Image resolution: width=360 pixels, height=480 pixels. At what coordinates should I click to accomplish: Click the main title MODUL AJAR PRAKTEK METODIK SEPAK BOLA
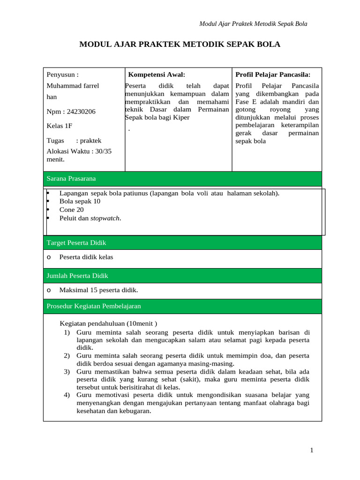point(180,45)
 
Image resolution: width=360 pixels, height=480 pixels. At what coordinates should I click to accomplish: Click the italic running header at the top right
point(253,23)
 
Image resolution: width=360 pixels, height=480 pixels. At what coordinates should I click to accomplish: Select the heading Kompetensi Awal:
point(157,74)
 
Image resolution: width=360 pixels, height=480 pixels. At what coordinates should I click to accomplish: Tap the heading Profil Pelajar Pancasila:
point(272,74)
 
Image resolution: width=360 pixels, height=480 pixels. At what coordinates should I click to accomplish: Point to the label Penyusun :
point(62,74)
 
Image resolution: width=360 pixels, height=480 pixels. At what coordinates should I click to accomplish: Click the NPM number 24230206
point(81,112)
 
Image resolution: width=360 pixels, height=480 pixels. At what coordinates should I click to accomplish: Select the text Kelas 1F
point(60,126)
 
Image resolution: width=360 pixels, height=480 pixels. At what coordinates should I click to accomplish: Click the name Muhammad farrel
point(73,86)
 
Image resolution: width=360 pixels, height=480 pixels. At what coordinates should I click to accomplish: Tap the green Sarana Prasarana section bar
point(182,179)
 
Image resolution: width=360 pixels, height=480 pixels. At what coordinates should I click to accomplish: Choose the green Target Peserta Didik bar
point(182,243)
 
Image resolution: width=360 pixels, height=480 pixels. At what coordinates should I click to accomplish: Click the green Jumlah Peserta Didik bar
point(182,276)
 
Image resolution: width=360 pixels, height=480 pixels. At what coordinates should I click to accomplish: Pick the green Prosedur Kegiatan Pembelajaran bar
point(182,306)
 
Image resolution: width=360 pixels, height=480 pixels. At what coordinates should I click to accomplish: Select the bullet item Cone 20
point(71,210)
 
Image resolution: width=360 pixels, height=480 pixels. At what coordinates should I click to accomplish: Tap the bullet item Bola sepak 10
point(80,201)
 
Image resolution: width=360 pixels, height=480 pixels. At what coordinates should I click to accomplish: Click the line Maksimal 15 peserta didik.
point(98,290)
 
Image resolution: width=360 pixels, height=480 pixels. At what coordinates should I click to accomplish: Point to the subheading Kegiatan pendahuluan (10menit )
point(109,323)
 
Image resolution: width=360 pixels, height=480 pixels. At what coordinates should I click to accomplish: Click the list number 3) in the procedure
point(67,372)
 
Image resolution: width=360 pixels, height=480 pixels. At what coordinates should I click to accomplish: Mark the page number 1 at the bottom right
point(311,450)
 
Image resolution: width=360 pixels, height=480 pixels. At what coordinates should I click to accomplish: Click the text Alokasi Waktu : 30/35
point(79,151)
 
